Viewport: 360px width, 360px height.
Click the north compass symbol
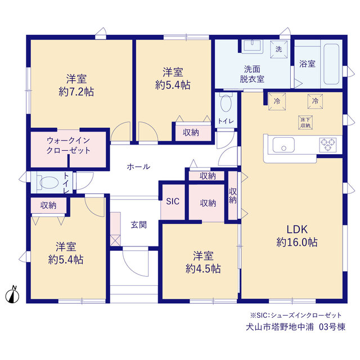tap(12, 294)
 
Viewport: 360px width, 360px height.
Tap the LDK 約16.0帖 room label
tap(297, 236)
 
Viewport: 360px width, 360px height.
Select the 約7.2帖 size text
tap(76, 92)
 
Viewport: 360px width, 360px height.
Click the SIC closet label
tap(173, 201)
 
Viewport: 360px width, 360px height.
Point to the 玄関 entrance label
tap(139, 224)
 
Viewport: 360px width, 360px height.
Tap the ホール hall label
tap(138, 166)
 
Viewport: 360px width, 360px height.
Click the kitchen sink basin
tap(283, 145)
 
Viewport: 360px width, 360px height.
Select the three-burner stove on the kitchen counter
tap(328, 145)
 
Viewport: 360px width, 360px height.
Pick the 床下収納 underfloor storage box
tap(305, 123)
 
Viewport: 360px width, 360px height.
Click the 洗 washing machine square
tap(278, 49)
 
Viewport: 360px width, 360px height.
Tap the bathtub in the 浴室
tap(331, 64)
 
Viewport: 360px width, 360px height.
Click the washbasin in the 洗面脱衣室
tap(252, 46)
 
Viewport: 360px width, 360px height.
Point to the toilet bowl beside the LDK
tap(226, 103)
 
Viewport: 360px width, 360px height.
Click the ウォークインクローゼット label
tap(68, 145)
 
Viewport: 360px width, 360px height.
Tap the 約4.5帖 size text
tap(203, 269)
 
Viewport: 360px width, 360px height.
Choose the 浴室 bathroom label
tap(307, 64)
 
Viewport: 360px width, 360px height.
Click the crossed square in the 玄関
tap(115, 240)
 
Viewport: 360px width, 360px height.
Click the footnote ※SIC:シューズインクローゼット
tap(296, 315)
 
